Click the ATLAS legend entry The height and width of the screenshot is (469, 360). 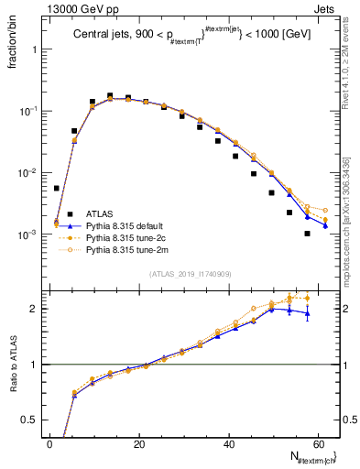pyautogui.click(x=97, y=213)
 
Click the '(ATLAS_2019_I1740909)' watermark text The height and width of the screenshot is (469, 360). pyautogui.click(x=190, y=274)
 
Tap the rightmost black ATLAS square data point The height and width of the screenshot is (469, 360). pyautogui.click(x=307, y=234)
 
